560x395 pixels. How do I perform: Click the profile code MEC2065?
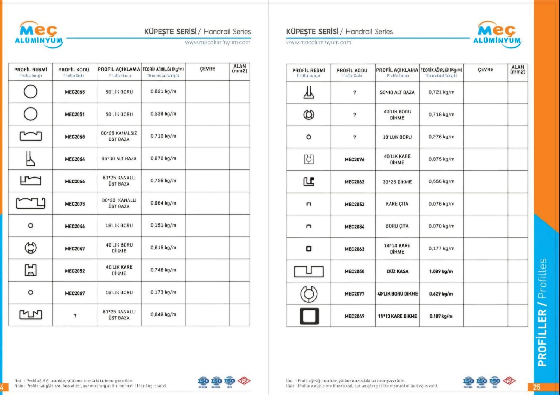[x=75, y=92]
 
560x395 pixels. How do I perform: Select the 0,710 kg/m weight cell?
[x=163, y=136]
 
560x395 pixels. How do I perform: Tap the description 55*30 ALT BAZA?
[x=119, y=159]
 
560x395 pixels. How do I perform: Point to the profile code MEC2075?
[x=75, y=204]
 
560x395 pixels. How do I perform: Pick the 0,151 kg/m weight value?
[x=163, y=226]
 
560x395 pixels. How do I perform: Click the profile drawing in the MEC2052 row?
[x=31, y=270]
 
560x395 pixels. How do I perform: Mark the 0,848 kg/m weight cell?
[x=163, y=314]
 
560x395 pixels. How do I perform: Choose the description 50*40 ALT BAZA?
[x=397, y=92]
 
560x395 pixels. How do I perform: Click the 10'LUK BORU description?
[x=397, y=137]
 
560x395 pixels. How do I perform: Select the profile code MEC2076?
[x=354, y=159]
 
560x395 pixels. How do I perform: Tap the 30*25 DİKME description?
[x=397, y=182]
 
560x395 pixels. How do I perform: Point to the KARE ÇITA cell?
[x=397, y=204]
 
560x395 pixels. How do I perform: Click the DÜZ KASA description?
[x=397, y=271]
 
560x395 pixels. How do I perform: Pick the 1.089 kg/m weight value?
[x=441, y=271]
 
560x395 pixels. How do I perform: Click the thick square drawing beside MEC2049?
[x=309, y=316]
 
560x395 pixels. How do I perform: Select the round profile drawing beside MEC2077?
[x=309, y=294]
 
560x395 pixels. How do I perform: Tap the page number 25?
[x=537, y=387]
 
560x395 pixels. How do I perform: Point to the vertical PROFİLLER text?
[x=542, y=336]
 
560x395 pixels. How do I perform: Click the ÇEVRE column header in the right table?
[x=485, y=70]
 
